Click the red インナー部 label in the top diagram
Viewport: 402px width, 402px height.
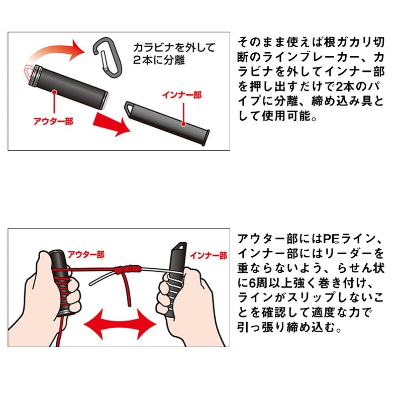point(179,94)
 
